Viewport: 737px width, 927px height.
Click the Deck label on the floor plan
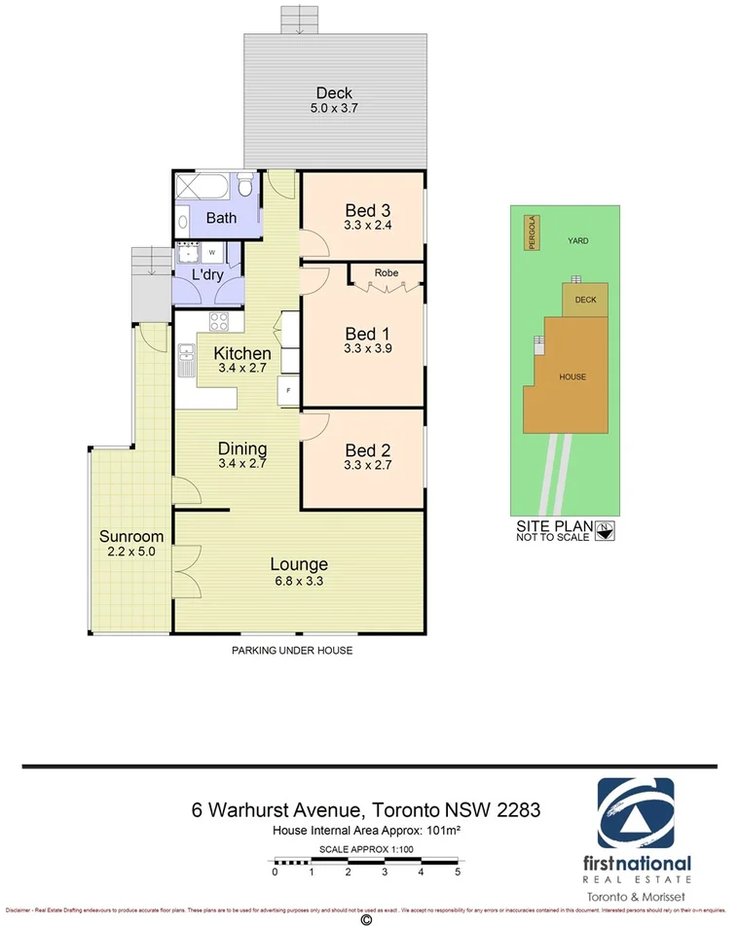pyautogui.click(x=334, y=93)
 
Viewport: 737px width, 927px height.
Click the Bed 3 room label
pyautogui.click(x=368, y=210)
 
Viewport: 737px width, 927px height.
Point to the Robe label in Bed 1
pyautogui.click(x=386, y=273)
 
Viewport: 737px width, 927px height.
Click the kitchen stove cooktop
pyautogui.click(x=219, y=325)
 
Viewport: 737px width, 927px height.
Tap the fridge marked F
pyautogui.click(x=288, y=391)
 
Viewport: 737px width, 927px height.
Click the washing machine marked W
pyautogui.click(x=211, y=253)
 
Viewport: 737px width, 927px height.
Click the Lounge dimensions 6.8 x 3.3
pyautogui.click(x=298, y=581)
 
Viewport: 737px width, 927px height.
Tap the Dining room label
pyautogui.click(x=242, y=448)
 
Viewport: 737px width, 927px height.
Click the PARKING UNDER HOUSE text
pyautogui.click(x=291, y=650)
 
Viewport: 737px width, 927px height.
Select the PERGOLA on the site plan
pyautogui.click(x=532, y=232)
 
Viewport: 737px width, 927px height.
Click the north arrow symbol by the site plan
pyautogui.click(x=608, y=530)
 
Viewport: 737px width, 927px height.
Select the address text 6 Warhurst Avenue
pyautogui.click(x=274, y=808)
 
